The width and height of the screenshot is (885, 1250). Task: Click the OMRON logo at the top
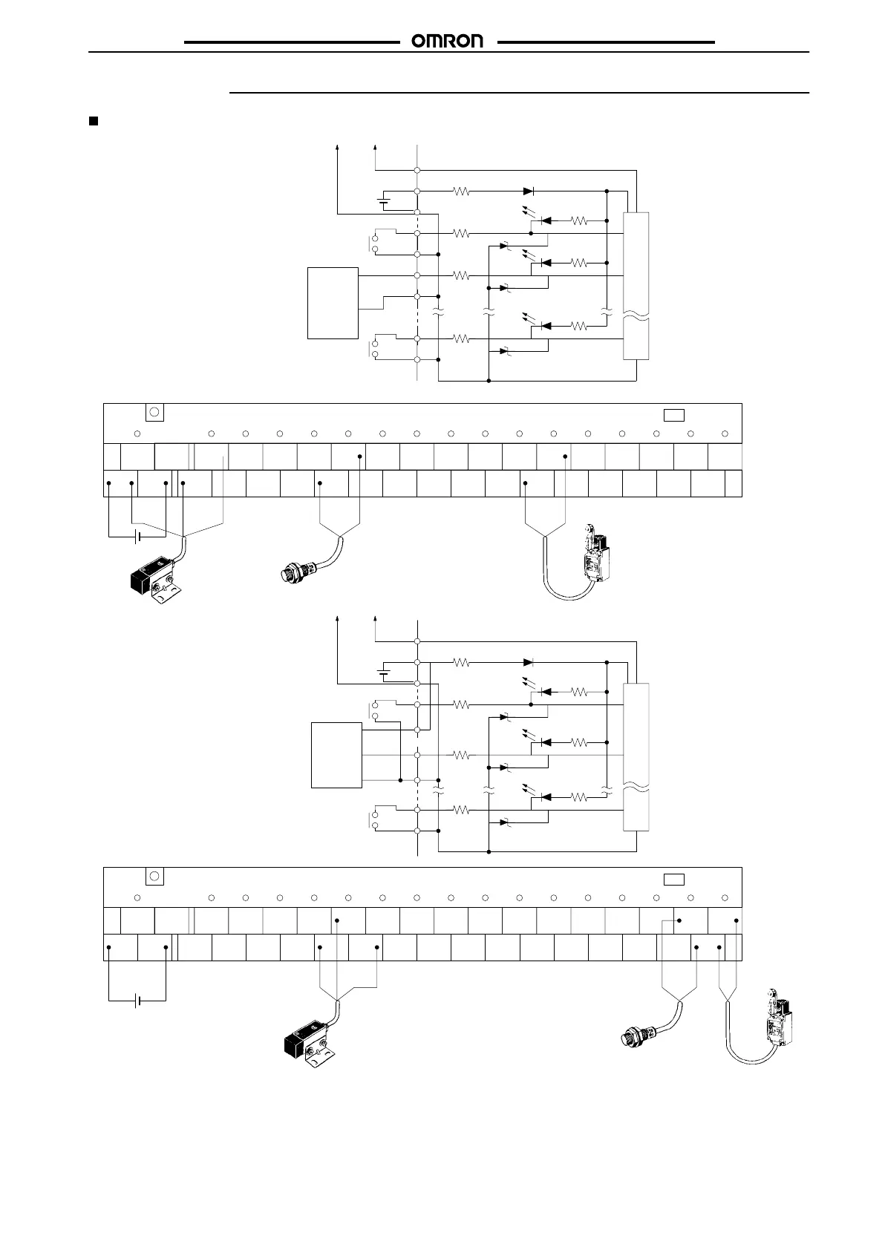[x=448, y=42]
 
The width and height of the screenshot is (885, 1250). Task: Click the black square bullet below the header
[x=94, y=121]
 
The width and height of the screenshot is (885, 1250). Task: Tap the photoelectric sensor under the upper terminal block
[x=153, y=576]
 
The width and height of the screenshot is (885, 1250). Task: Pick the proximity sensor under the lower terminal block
[x=639, y=1034]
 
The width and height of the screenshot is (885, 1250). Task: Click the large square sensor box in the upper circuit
[x=333, y=303]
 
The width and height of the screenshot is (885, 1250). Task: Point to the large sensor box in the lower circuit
[x=336, y=753]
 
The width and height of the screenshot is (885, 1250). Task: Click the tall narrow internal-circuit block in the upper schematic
[x=637, y=286]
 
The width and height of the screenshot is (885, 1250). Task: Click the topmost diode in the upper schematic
[x=529, y=192]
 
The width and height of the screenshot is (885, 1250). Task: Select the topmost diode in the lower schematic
[x=529, y=662]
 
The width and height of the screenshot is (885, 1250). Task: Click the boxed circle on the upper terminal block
[x=154, y=413]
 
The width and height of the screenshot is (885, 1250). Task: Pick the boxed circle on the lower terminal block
[x=154, y=877]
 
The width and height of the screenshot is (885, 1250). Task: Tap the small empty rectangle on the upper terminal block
[x=673, y=414]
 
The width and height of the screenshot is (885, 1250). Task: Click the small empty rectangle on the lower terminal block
[x=673, y=880]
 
